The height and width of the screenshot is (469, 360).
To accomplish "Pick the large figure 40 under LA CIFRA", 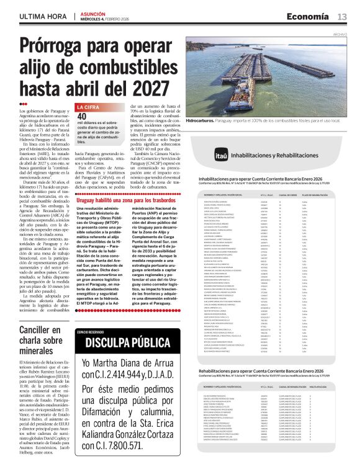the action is pyautogui.click(x=81, y=116).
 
